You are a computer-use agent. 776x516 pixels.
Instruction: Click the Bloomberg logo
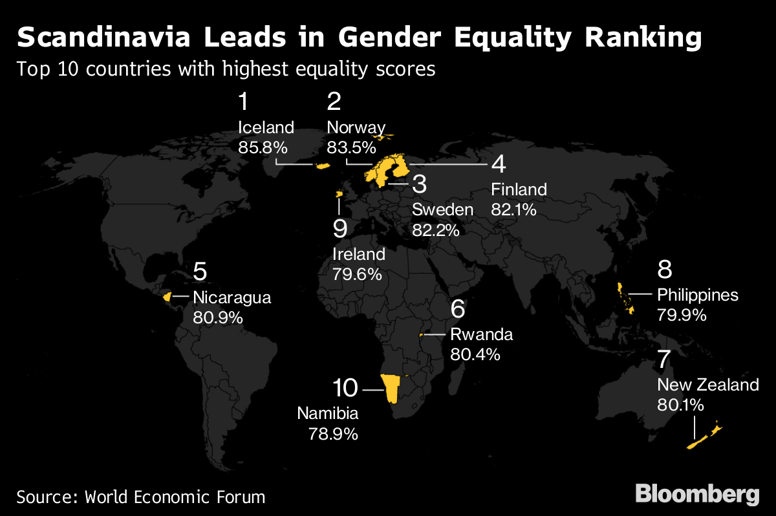(697, 495)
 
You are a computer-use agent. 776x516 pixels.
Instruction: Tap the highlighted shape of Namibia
(391, 389)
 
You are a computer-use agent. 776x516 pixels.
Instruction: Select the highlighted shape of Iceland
(321, 166)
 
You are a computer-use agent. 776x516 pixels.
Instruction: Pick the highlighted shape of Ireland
(338, 194)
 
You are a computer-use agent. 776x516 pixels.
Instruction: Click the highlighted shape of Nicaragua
(167, 296)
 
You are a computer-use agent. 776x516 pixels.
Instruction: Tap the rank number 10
(345, 388)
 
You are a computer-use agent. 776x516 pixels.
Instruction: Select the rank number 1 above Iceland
(244, 102)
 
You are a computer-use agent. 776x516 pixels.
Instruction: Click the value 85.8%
(263, 147)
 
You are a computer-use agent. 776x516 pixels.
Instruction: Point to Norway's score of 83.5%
(351, 147)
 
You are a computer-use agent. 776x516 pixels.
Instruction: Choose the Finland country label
(519, 189)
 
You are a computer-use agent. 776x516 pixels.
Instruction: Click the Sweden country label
(443, 210)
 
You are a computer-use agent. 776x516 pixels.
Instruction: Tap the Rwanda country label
(481, 334)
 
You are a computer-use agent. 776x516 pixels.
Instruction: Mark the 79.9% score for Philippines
(682, 315)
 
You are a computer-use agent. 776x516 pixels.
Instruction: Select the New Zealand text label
(707, 385)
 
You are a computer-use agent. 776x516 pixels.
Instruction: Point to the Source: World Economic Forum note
(141, 497)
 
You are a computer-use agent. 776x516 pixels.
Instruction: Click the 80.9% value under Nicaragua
(217, 317)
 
